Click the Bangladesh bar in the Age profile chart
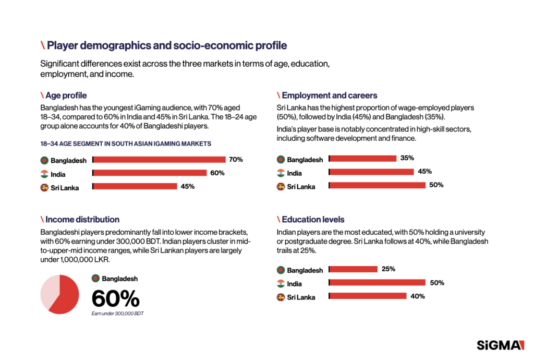pos(159,160)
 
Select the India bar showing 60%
pos(150,173)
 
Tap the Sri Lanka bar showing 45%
pos(135,186)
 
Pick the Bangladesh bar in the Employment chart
pos(363,158)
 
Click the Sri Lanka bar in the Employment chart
pos(378,185)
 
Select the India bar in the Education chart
pos(378,283)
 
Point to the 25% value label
pos(389,269)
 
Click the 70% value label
pos(236,160)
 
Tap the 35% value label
pos(407,158)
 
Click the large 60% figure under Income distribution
pos(115,299)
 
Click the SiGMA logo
pos(500,345)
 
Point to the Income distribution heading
pos(82,220)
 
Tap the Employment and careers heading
pos(329,95)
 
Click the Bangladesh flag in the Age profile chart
pos(44,160)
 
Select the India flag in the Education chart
pos(281,283)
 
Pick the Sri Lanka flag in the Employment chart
pos(281,186)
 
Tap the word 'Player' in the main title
pos(62,45)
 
